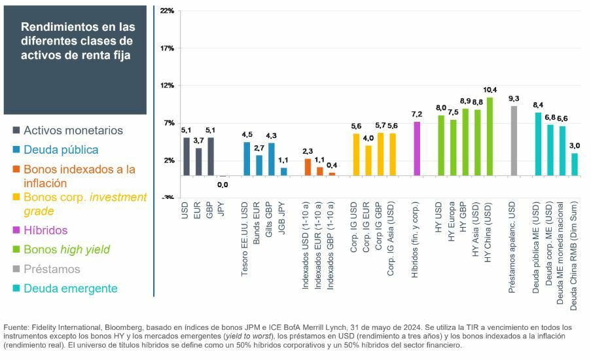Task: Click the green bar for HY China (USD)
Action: pos(490,137)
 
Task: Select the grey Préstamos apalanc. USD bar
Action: pos(514,141)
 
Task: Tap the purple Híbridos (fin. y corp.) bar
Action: pos(417,149)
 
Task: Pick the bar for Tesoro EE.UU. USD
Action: pos(247,159)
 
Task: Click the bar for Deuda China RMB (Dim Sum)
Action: pos(575,164)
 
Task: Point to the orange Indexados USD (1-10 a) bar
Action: pos(308,167)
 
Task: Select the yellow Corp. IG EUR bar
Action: pos(368,160)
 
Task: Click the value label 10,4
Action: pos(490,90)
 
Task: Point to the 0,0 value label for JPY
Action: pos(223,185)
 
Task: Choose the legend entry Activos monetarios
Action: pos(73,130)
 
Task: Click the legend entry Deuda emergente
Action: pos(70,289)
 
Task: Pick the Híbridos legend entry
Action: pos(45,230)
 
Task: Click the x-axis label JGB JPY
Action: pos(284,223)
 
